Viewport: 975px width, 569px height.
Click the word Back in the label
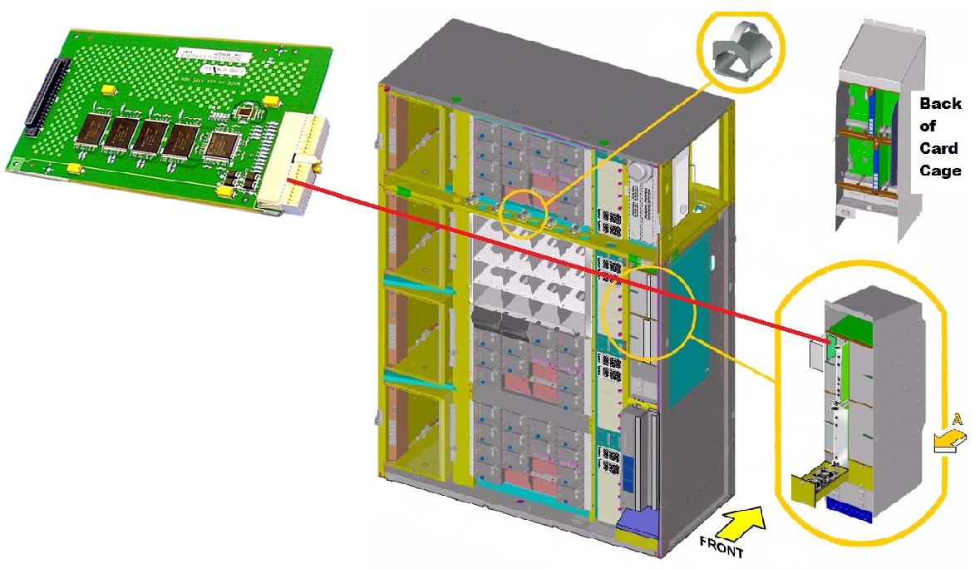tap(940, 104)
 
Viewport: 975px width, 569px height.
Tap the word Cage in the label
tap(940, 171)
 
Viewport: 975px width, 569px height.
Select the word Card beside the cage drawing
tap(939, 148)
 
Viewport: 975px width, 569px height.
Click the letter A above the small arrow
tap(957, 421)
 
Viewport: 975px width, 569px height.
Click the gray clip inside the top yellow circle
tap(741, 52)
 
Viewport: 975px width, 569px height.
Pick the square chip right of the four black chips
tap(222, 144)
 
